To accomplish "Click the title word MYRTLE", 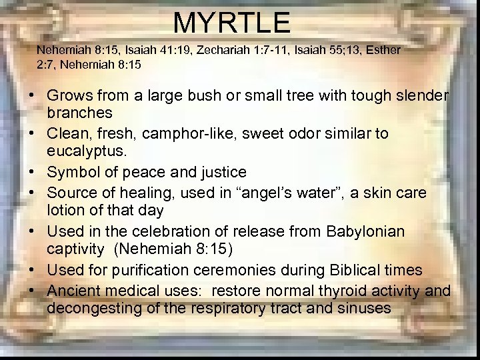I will coord(232,23).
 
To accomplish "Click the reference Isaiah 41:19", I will coord(147,50).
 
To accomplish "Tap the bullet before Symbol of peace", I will coord(32,172).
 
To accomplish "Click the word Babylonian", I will coord(365,231).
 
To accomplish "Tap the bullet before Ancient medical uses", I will coord(32,291).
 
